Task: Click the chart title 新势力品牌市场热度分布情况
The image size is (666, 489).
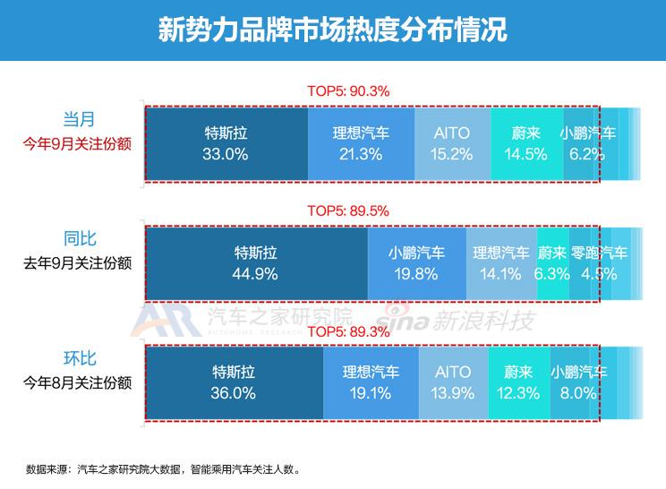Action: pos(332,30)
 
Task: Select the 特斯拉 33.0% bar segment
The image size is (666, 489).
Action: pos(226,143)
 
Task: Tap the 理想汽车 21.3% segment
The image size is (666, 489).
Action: pos(361,143)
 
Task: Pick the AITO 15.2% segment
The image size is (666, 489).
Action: pos(452,143)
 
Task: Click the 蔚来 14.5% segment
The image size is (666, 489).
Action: pos(525,143)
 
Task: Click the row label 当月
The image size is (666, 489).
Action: pos(79,119)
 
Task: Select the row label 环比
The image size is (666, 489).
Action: pos(79,359)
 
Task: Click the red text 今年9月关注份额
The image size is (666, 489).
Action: pos(79,143)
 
